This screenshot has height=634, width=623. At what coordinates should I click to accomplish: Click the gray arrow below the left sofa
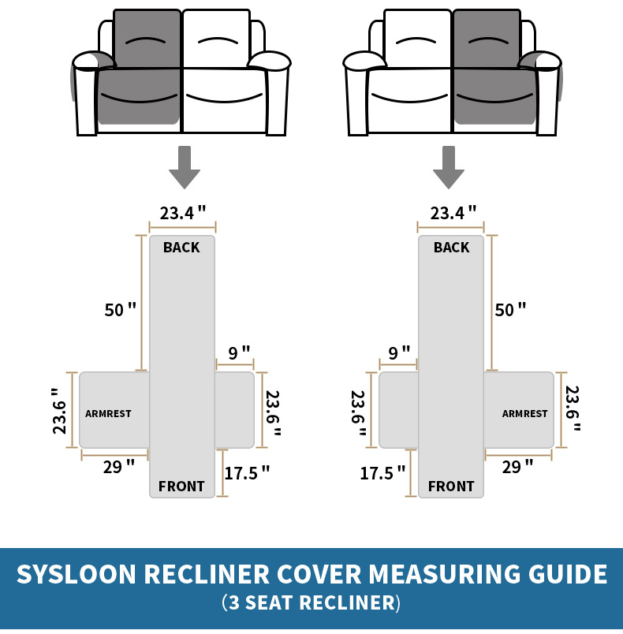coord(185,167)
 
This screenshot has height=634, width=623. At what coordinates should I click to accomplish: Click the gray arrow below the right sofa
coord(449,167)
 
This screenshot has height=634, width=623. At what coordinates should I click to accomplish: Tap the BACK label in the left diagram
coord(181,248)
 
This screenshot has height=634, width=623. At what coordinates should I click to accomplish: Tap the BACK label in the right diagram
coord(451,248)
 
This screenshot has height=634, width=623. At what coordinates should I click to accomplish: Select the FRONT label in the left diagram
coord(181,487)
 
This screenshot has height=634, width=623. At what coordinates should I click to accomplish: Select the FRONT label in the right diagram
coord(451,487)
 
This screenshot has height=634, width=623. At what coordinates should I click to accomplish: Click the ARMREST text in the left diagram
coord(108,413)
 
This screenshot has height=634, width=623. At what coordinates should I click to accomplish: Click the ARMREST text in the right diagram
coord(524,413)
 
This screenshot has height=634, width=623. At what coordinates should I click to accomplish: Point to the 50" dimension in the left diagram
coord(121,310)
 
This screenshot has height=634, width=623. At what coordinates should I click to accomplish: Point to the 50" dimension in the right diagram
coord(510,310)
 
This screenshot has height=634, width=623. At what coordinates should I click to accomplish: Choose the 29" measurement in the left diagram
coord(118,467)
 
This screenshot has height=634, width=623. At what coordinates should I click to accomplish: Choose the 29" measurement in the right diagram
coord(517,467)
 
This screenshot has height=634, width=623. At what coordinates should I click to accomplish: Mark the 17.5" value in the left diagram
coord(247,473)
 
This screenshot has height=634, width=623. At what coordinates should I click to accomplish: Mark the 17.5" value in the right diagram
coord(382,473)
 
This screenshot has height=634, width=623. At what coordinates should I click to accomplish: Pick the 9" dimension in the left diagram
coord(239,352)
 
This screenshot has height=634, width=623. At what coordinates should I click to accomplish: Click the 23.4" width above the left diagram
coord(183,213)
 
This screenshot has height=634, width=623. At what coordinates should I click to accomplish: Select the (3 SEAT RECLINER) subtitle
coord(311,603)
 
